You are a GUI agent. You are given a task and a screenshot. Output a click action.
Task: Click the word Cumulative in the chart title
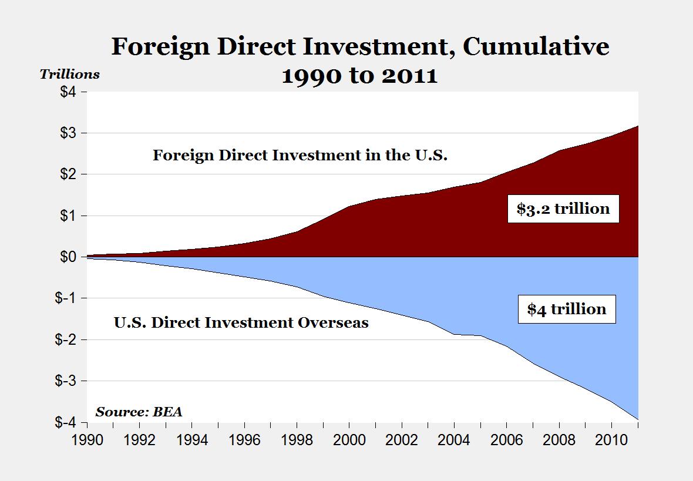click(536, 47)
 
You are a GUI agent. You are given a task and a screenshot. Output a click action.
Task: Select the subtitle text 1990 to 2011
click(359, 76)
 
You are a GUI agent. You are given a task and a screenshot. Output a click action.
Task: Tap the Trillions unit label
click(69, 75)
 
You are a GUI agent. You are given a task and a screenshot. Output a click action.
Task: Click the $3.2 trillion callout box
click(563, 208)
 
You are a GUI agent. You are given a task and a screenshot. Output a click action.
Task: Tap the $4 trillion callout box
click(566, 309)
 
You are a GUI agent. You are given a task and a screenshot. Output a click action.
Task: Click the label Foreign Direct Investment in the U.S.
click(300, 156)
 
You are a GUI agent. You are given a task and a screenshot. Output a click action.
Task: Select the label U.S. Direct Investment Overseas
click(241, 322)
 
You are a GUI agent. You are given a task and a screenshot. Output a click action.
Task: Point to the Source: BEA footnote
click(139, 412)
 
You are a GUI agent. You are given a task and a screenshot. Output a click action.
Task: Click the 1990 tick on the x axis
click(87, 439)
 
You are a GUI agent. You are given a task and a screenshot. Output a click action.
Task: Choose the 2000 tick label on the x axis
click(349, 439)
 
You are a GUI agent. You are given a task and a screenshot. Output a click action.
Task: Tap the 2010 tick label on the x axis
click(611, 439)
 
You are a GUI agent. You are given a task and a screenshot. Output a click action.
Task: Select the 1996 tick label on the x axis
click(244, 439)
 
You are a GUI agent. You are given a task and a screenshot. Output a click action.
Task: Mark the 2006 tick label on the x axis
click(506, 439)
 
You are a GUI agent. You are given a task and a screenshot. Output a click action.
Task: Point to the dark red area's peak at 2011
click(637, 127)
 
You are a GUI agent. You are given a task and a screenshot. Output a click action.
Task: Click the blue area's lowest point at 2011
click(637, 418)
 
